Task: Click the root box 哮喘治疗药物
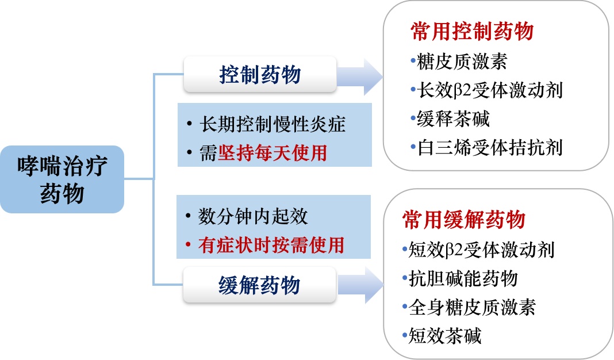(62, 179)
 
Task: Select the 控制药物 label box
(260, 75)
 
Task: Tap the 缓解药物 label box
(260, 285)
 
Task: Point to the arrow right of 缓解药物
(360, 285)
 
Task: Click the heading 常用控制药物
(472, 32)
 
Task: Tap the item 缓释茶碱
(453, 118)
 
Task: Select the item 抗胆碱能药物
(463, 278)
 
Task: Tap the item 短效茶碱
(444, 335)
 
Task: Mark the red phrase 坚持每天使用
(272, 153)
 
